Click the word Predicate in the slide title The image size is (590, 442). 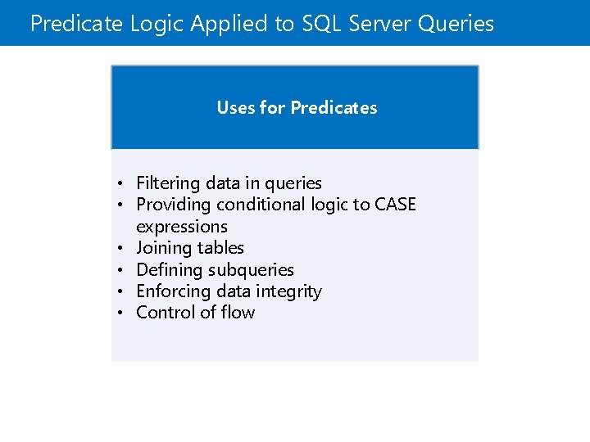pos(77,24)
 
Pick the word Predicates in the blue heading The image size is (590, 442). pos(334,108)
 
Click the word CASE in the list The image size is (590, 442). pos(395,205)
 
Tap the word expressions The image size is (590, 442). pos(182,227)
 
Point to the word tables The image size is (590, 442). pos(220,248)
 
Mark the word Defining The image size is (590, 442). pos(170,270)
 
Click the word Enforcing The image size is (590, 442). pos(172,291)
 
